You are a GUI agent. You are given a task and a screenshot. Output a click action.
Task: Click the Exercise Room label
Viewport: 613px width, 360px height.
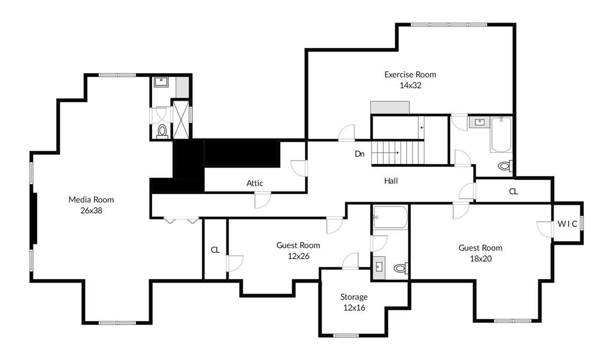410,75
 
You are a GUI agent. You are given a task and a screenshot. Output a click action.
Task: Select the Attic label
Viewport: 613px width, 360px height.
255,183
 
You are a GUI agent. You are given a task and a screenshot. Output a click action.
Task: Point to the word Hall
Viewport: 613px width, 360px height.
391,181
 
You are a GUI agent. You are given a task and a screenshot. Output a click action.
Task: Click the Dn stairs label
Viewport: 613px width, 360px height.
360,154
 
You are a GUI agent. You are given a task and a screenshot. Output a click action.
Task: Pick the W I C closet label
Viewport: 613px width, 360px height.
567,224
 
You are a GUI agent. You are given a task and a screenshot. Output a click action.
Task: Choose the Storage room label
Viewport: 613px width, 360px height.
354,297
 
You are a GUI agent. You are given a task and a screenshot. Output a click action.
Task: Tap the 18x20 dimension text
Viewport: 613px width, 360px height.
480,258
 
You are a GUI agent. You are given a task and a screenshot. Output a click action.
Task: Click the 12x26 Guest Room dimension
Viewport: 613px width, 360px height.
298,256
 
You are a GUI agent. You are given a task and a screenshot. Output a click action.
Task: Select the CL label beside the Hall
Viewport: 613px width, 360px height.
513,191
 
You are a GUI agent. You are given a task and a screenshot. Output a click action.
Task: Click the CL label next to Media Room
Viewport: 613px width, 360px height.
215,250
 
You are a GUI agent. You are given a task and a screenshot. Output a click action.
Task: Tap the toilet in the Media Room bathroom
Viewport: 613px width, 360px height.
163,130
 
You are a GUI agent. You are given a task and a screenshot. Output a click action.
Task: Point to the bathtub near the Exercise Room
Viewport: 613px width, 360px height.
501,135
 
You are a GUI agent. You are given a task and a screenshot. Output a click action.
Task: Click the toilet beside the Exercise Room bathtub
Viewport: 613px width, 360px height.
504,166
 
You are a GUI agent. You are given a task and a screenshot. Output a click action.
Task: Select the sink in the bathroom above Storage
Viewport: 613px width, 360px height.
379,266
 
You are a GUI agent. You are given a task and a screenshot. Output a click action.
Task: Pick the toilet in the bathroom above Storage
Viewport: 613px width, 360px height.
400,268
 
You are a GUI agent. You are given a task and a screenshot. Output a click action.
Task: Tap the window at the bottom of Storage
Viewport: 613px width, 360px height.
346,335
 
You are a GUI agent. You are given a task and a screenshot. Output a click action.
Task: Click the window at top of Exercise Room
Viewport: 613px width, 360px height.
449,24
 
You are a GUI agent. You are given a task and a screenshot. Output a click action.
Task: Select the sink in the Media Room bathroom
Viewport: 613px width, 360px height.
161,82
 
